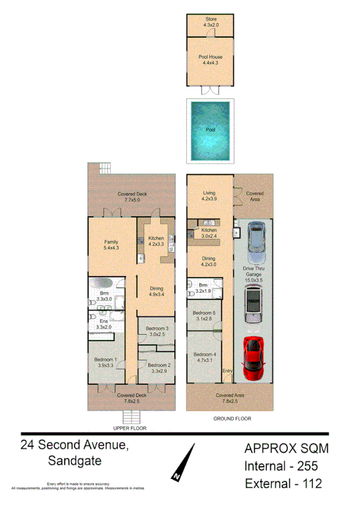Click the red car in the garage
[x=254, y=359]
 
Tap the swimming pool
[x=210, y=130]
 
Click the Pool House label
[x=210, y=57]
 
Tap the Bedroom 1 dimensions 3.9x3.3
[x=105, y=365]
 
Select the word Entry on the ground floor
[x=227, y=372]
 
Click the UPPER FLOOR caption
[x=130, y=429]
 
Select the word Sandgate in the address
[x=73, y=461]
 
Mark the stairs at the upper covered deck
[x=105, y=168]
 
